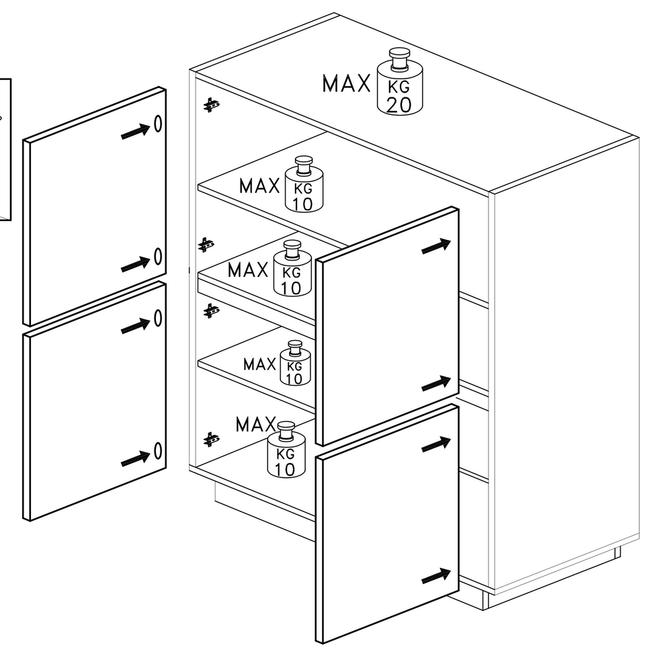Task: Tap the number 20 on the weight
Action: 399,105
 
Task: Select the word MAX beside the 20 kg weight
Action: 346,83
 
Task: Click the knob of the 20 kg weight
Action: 399,58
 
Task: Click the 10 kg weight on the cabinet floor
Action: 286,450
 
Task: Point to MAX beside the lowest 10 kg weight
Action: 256,425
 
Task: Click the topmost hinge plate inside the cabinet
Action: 211,105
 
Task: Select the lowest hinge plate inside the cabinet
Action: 211,439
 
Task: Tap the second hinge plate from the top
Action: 206,245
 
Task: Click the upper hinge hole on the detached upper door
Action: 158,124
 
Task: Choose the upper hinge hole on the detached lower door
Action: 158,318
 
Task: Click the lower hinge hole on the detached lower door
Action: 158,451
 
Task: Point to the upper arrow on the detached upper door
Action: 136,131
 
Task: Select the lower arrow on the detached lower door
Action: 136,458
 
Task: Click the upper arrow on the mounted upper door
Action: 436,246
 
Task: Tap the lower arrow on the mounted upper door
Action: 436,383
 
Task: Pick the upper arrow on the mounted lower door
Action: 436,444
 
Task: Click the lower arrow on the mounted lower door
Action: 436,576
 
